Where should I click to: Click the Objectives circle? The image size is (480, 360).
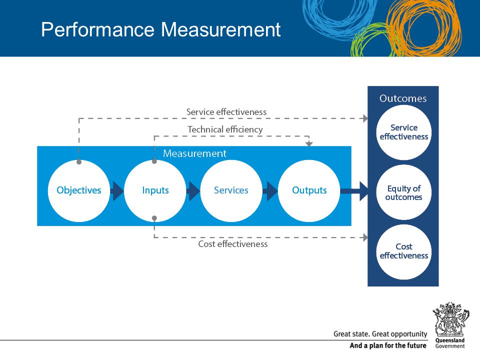[79, 191]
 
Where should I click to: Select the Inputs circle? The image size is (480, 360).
[155, 191]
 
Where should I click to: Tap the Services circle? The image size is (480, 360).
[231, 191]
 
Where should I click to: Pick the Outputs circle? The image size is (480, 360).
[309, 191]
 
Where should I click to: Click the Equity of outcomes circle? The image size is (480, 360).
[404, 192]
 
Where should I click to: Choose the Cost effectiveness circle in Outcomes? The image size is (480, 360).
[404, 251]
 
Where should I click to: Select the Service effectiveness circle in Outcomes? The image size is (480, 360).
[404, 132]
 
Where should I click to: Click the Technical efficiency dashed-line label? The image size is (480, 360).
[225, 130]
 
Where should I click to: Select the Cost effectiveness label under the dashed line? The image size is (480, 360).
[233, 244]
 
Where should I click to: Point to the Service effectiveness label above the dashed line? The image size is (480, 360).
[226, 112]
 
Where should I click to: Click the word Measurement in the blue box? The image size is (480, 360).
[194, 153]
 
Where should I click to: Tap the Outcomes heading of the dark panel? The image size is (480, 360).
[403, 98]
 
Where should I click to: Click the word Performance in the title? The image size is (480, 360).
[97, 29]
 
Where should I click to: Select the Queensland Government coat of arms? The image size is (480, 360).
[450, 319]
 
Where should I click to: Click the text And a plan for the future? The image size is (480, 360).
[388, 345]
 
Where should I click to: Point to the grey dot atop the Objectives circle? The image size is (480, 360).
[79, 162]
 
